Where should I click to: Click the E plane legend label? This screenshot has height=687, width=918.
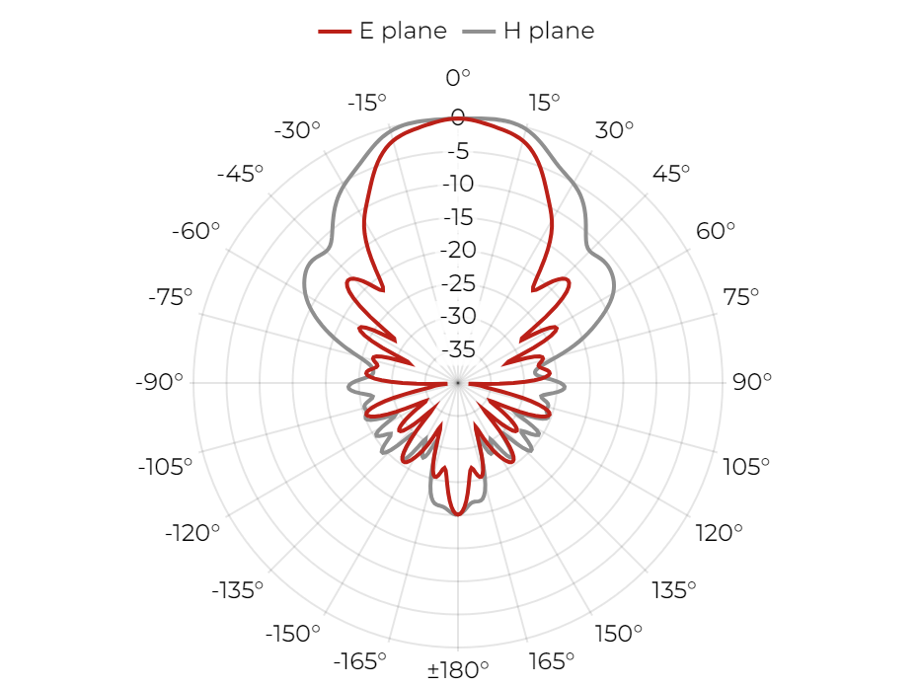point(403,31)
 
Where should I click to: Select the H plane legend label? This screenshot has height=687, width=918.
point(549,31)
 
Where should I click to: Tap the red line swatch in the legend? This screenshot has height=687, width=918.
point(335,32)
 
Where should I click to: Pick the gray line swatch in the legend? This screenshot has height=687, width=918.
point(479,32)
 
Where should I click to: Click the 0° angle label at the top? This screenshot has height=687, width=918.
point(458,78)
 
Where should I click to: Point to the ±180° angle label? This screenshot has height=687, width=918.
point(458,669)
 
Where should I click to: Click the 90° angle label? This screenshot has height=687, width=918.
point(752,382)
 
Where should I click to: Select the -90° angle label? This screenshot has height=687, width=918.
point(159,382)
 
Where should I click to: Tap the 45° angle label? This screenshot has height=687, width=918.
point(671,174)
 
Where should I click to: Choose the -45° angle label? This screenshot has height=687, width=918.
point(240,174)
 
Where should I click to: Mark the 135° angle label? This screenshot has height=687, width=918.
point(674,590)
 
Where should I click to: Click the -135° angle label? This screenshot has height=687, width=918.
point(238,590)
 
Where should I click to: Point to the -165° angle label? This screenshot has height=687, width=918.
point(360,661)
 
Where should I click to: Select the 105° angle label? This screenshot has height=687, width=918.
point(746,467)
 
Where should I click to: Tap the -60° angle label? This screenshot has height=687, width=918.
point(195,231)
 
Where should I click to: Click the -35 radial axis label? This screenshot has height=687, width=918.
point(458,349)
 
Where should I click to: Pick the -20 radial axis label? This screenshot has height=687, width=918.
point(458,250)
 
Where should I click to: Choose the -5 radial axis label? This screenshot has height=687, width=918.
point(458,151)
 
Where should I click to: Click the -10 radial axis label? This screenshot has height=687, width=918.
point(458,184)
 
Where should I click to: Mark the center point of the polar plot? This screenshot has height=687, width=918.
point(458,383)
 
